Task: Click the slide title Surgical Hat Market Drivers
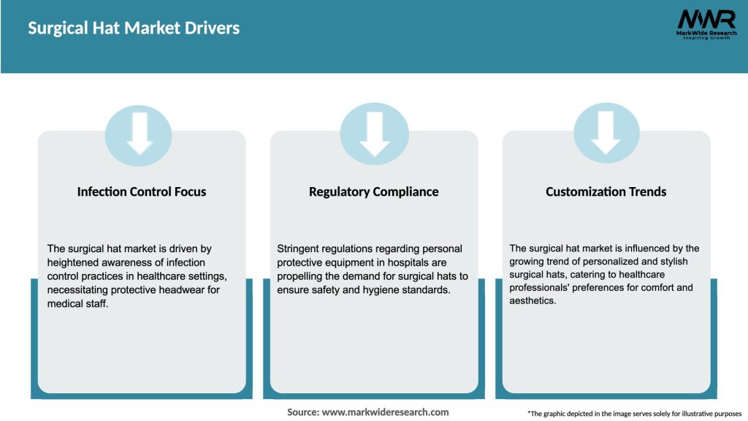pos(134,29)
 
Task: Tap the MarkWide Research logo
pos(706,24)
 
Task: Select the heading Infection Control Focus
pos(142,191)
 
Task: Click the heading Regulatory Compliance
pos(373,192)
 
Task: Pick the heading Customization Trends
pos(606,191)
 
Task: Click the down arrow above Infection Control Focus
pos(140,133)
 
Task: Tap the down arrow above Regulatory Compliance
pos(375,134)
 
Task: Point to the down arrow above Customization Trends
pos(606,133)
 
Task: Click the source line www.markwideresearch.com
pos(368,412)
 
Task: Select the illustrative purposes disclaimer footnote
pos(635,414)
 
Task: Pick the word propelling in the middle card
pos(299,276)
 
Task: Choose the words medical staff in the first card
pos(77,303)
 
